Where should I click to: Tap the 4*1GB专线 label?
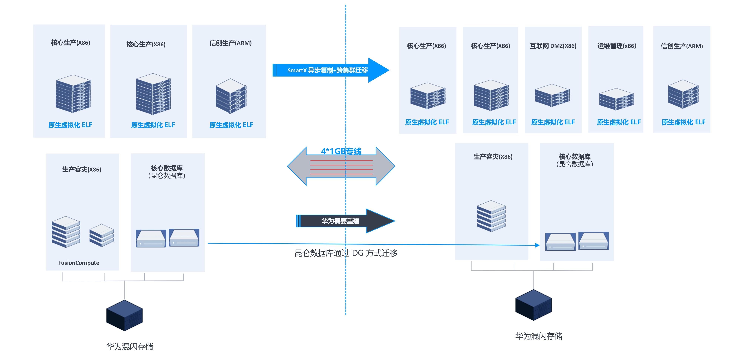click(341, 151)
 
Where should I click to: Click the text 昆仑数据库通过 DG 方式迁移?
click(346, 253)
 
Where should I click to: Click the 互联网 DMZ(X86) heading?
click(553, 46)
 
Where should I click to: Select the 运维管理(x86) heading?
click(617, 46)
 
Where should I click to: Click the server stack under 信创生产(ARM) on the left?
click(231, 96)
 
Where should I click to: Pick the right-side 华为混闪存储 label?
click(539, 336)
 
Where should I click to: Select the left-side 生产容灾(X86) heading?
click(81, 169)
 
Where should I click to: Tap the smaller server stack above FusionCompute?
click(102, 235)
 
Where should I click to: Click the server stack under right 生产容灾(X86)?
click(491, 216)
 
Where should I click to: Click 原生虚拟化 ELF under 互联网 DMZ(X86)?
click(553, 122)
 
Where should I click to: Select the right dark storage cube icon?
click(533, 305)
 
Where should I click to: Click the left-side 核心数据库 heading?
click(167, 168)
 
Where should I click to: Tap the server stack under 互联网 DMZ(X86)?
click(552, 95)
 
